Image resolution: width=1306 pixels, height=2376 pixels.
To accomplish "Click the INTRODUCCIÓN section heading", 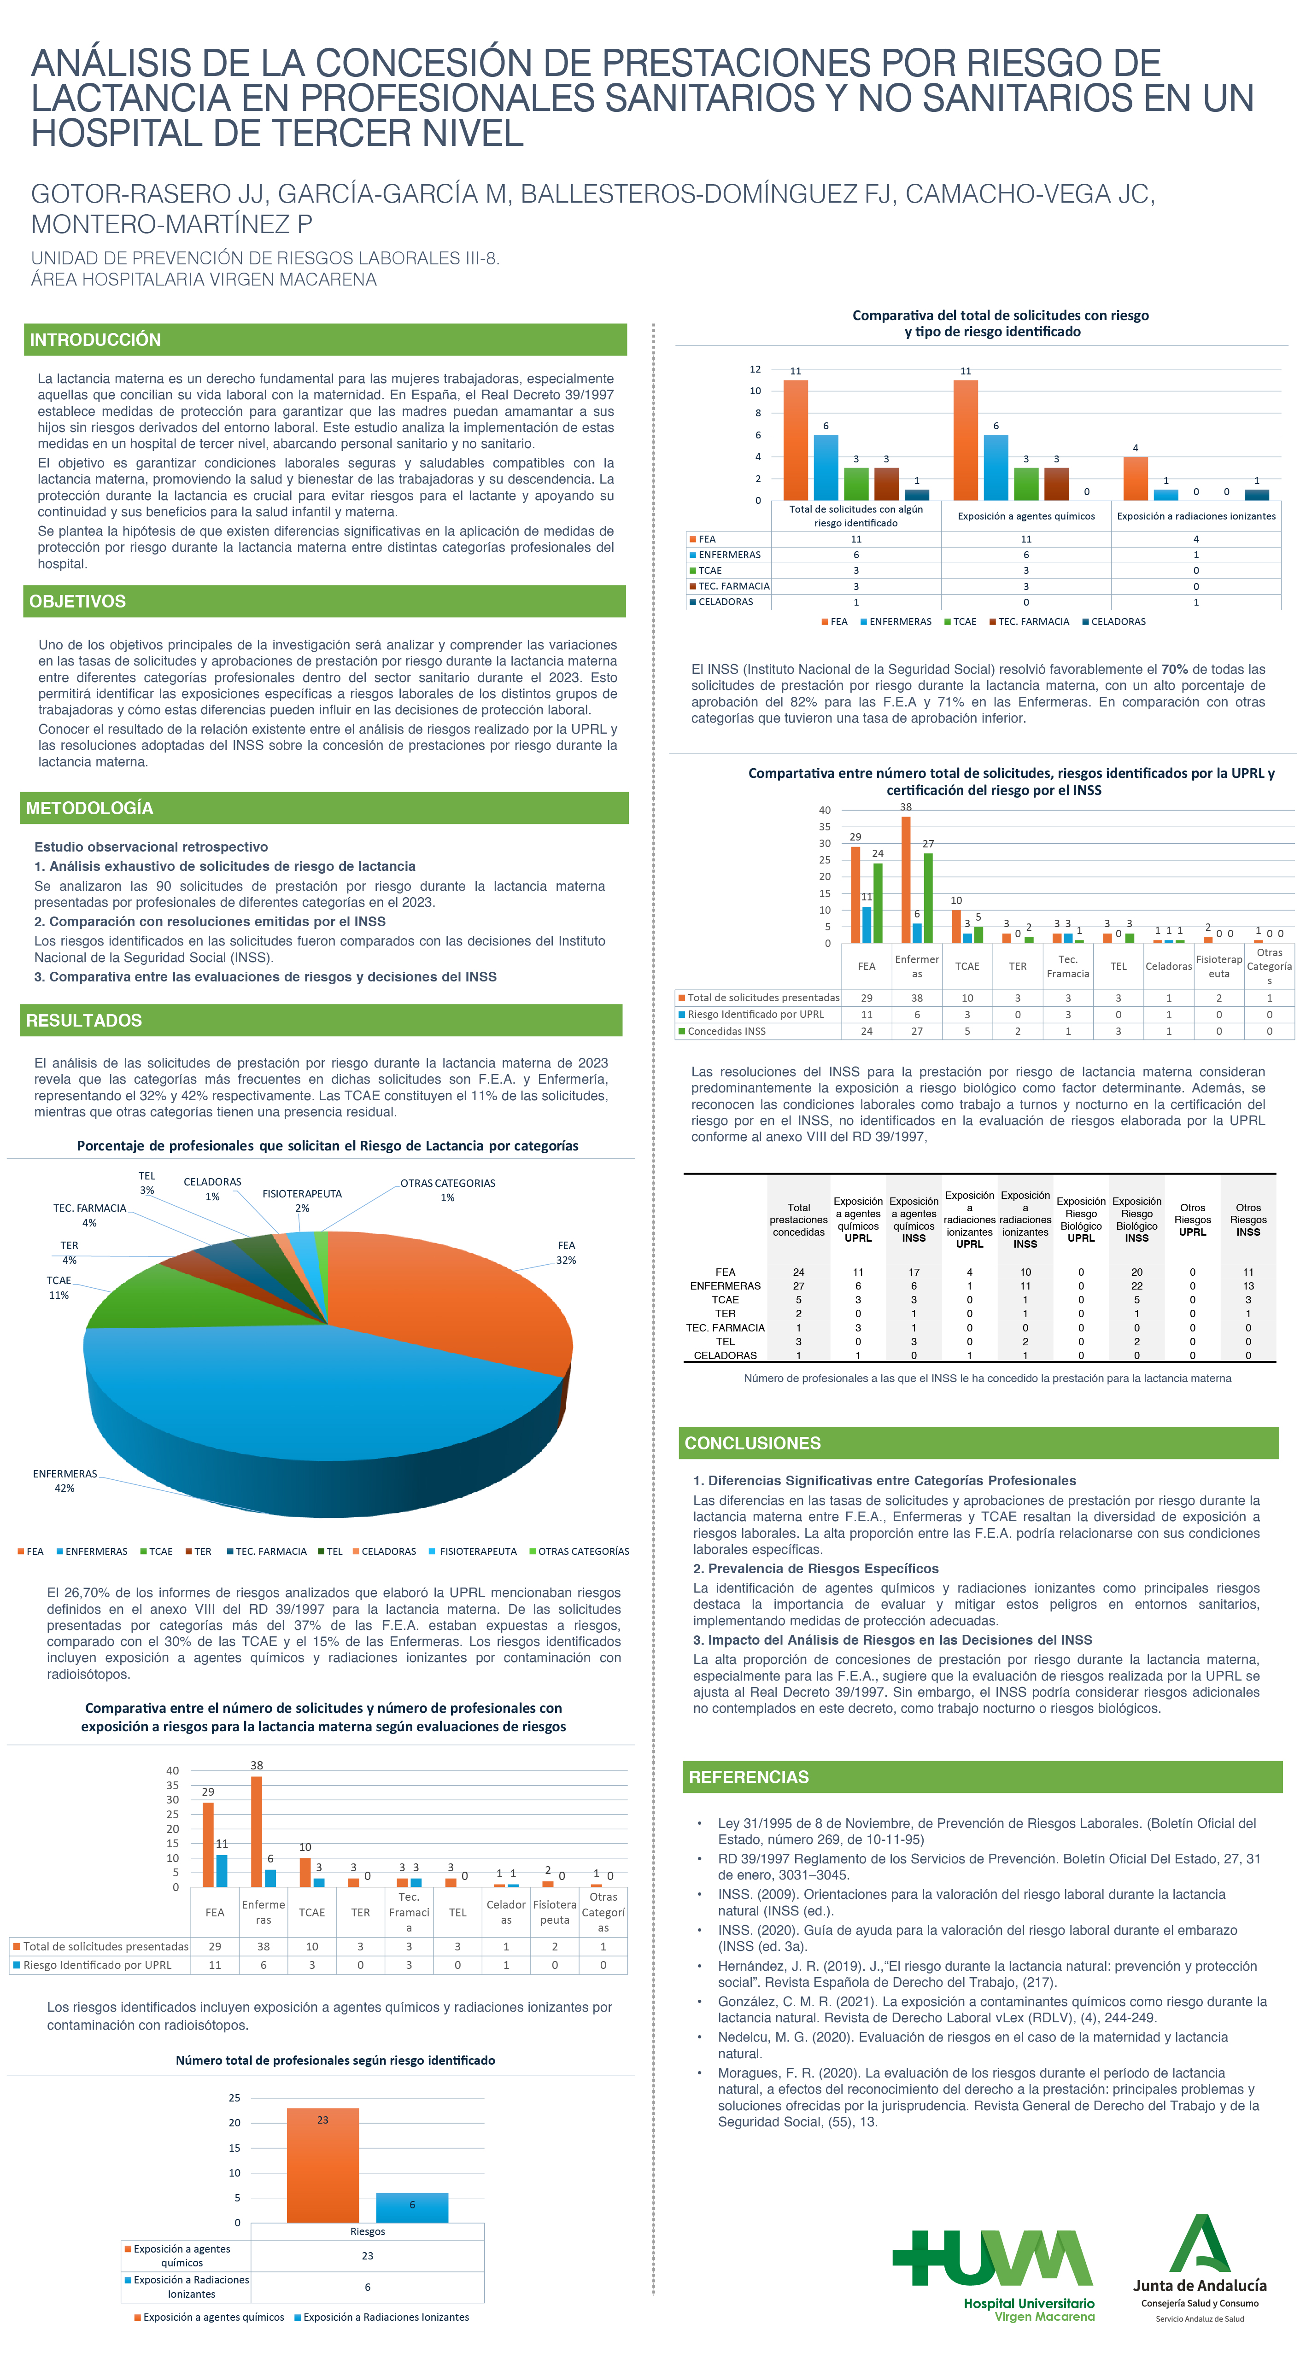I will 95,339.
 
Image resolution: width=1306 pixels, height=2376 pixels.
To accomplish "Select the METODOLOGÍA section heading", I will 89,808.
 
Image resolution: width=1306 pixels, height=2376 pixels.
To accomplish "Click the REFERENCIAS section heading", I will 748,1776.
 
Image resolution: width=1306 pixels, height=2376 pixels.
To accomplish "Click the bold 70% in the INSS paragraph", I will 1174,670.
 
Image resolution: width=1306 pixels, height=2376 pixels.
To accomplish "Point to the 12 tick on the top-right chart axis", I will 755,369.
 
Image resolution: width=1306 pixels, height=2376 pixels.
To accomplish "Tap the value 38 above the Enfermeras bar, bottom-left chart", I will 257,1764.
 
